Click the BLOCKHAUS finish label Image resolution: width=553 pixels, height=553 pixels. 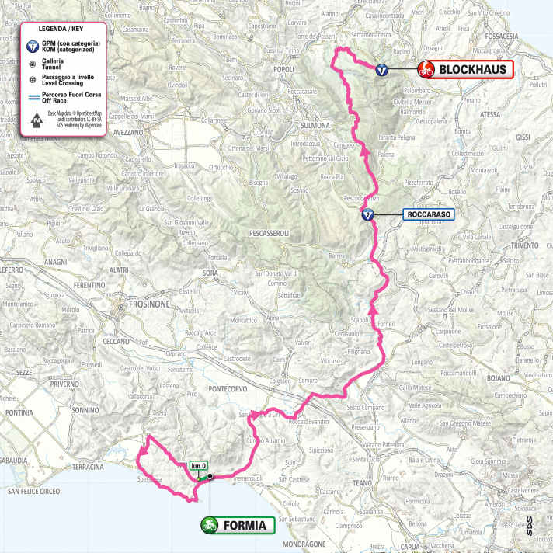tap(475, 70)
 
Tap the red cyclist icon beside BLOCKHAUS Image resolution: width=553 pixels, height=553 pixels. tap(426, 70)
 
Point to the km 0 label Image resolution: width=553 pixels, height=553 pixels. tap(199, 466)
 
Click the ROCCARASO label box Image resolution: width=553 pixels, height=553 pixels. tap(428, 214)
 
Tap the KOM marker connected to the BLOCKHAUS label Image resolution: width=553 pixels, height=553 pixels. tap(381, 70)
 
